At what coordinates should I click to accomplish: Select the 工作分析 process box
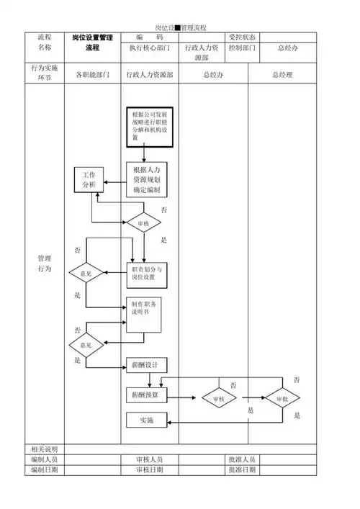tap(89, 180)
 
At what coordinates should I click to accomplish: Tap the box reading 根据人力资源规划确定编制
tap(146, 180)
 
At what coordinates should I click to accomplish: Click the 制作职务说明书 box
tap(146, 313)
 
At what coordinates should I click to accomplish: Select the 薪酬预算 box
tap(146, 395)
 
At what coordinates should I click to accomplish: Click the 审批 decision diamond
tap(282, 397)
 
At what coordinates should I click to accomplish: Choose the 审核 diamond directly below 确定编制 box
tap(143, 223)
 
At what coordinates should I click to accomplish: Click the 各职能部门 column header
tap(92, 75)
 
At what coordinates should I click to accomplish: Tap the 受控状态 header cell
tap(241, 37)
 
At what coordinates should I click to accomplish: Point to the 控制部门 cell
tap(241, 49)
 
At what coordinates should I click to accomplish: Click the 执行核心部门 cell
tap(149, 49)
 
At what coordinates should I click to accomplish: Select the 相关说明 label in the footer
tap(45, 449)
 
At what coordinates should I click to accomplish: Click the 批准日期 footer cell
tap(241, 469)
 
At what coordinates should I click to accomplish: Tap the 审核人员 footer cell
tap(149, 459)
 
